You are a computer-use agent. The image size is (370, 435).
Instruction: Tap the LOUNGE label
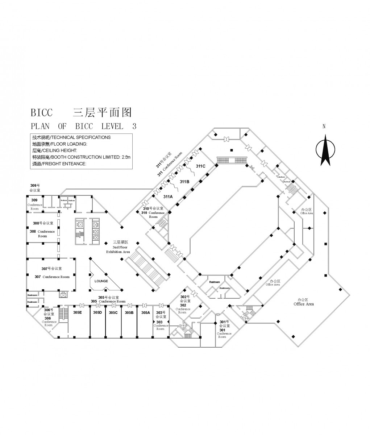pyautogui.click(x=101, y=281)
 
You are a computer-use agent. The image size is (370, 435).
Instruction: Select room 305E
pyautogui.click(x=77, y=312)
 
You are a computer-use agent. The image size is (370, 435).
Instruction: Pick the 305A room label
pyautogui.click(x=145, y=312)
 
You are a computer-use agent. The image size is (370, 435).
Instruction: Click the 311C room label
pyautogui.click(x=201, y=166)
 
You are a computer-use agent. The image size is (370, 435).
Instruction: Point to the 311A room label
pyautogui.click(x=168, y=196)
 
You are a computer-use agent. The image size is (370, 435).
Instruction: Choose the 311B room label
pyautogui.click(x=185, y=181)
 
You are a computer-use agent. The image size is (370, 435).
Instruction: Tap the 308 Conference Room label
pyautogui.click(x=42, y=233)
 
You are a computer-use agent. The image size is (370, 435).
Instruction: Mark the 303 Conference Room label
pyautogui.click(x=160, y=325)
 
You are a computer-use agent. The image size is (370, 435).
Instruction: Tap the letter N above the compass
pyautogui.click(x=324, y=127)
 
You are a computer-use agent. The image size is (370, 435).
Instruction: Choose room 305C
pyautogui.click(x=113, y=312)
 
